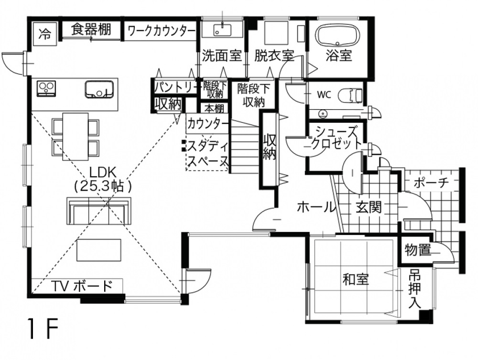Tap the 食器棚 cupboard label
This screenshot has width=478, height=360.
tap(91, 30)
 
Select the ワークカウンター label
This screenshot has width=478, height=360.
tap(160, 31)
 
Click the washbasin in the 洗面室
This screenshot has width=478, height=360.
tap(222, 30)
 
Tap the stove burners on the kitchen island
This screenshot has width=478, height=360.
tap(46, 88)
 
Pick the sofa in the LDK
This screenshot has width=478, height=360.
tap(99, 210)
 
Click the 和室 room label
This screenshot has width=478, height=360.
tap(356, 279)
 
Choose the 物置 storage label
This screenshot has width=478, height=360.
tap(418, 249)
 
